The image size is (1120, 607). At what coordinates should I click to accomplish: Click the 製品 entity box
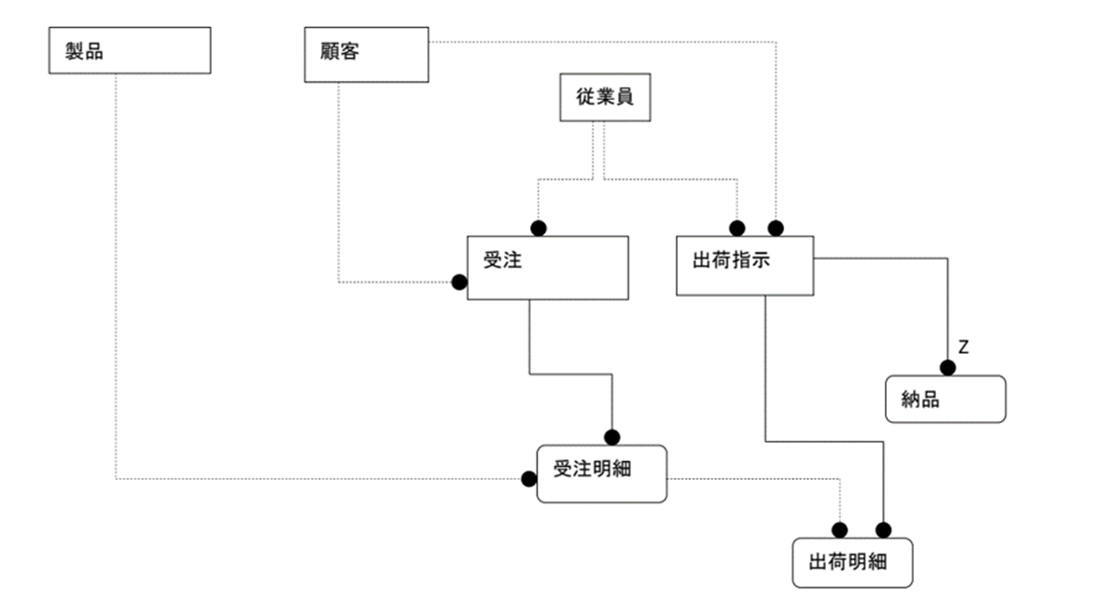click(129, 50)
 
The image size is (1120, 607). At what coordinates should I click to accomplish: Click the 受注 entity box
click(547, 267)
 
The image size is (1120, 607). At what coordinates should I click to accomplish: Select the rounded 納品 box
click(945, 400)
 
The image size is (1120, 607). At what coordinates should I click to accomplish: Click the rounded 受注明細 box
click(602, 474)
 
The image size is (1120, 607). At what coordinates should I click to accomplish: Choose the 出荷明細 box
click(852, 562)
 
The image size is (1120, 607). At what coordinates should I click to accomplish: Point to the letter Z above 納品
click(964, 347)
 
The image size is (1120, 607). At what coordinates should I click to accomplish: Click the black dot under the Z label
click(947, 368)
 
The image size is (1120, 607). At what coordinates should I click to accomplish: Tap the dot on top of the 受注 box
click(539, 228)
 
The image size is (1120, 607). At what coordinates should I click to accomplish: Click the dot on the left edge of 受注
click(459, 282)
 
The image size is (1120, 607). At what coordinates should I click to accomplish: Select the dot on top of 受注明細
click(612, 437)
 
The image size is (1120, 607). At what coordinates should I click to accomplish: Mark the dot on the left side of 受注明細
click(529, 479)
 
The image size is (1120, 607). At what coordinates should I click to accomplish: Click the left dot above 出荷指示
click(737, 228)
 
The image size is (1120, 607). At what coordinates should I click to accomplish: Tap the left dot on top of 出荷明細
click(839, 530)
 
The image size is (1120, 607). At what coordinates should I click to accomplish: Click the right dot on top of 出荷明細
click(883, 530)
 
